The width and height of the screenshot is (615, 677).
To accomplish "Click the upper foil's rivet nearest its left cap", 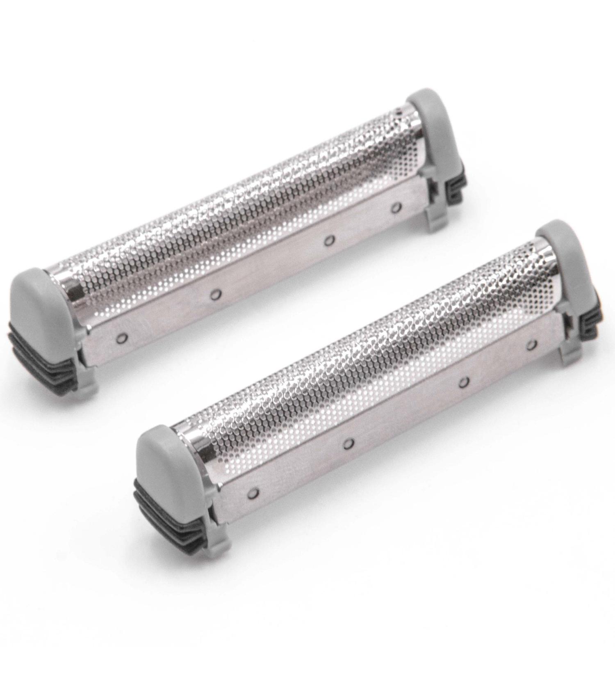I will pos(120,338).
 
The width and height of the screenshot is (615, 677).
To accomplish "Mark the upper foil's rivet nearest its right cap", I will pos(395,208).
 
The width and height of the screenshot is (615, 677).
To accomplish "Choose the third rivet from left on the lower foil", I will pos(463,383).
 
